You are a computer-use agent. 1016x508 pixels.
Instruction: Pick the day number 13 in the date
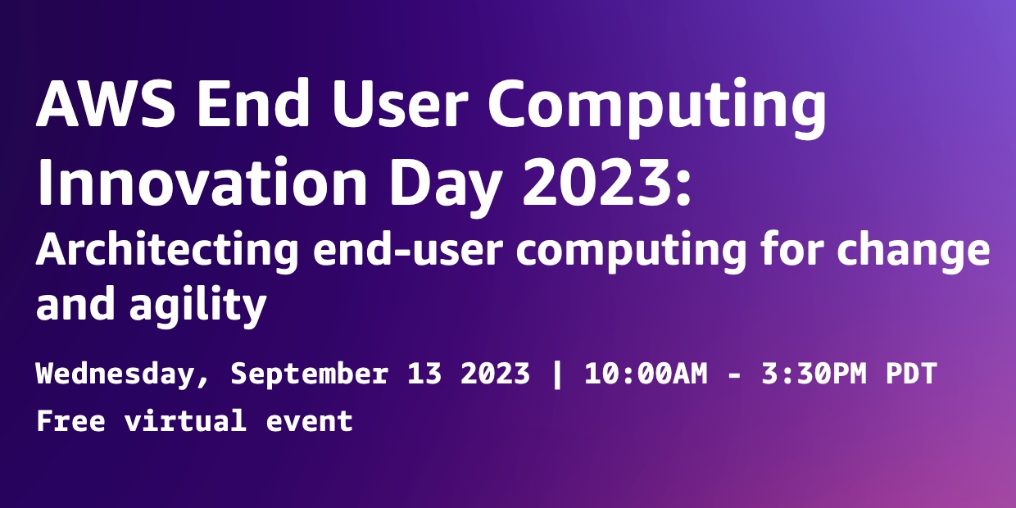[x=424, y=374]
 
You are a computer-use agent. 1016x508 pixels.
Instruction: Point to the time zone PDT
[x=910, y=374]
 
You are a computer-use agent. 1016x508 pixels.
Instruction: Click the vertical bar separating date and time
[x=558, y=374]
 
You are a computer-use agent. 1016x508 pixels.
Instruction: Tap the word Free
[x=70, y=421]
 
